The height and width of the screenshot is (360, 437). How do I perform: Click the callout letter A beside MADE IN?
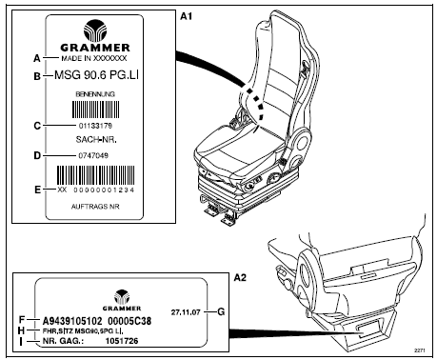37,58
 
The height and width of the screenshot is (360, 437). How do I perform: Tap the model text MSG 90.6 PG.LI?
96,75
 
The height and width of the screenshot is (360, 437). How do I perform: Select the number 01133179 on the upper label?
95,126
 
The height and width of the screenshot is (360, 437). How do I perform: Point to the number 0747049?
93,155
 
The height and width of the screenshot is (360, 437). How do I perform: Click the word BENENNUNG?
95,94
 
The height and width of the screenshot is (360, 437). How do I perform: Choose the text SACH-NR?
96,139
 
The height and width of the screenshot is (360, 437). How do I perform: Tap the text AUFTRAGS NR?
95,207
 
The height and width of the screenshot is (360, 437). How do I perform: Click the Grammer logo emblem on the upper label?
95,30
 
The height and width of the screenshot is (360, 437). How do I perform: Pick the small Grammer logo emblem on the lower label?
122,297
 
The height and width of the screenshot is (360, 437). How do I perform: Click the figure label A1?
186,16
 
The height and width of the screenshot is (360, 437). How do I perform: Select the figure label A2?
240,278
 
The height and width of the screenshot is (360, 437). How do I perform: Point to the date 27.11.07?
186,312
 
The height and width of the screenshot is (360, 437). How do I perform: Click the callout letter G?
221,311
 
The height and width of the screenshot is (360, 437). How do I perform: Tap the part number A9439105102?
72,321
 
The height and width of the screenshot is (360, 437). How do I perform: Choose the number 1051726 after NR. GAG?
122,341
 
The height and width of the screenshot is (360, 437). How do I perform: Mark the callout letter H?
21,330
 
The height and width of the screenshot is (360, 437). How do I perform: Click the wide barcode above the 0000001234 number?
95,175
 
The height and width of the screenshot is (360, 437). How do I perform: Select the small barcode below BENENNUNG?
96,110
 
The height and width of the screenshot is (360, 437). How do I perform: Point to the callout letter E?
37,190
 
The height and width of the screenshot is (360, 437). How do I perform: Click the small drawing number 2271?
420,350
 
